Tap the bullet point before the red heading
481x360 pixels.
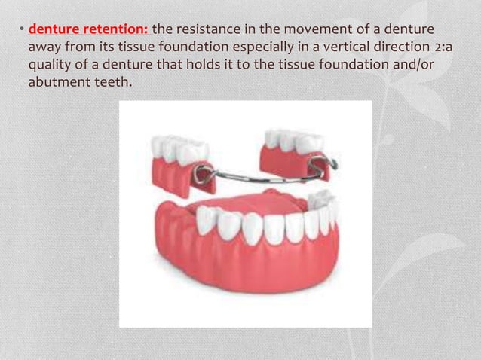click(x=22, y=30)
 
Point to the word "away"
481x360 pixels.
click(x=44, y=46)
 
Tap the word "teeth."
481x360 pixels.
click(x=113, y=79)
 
